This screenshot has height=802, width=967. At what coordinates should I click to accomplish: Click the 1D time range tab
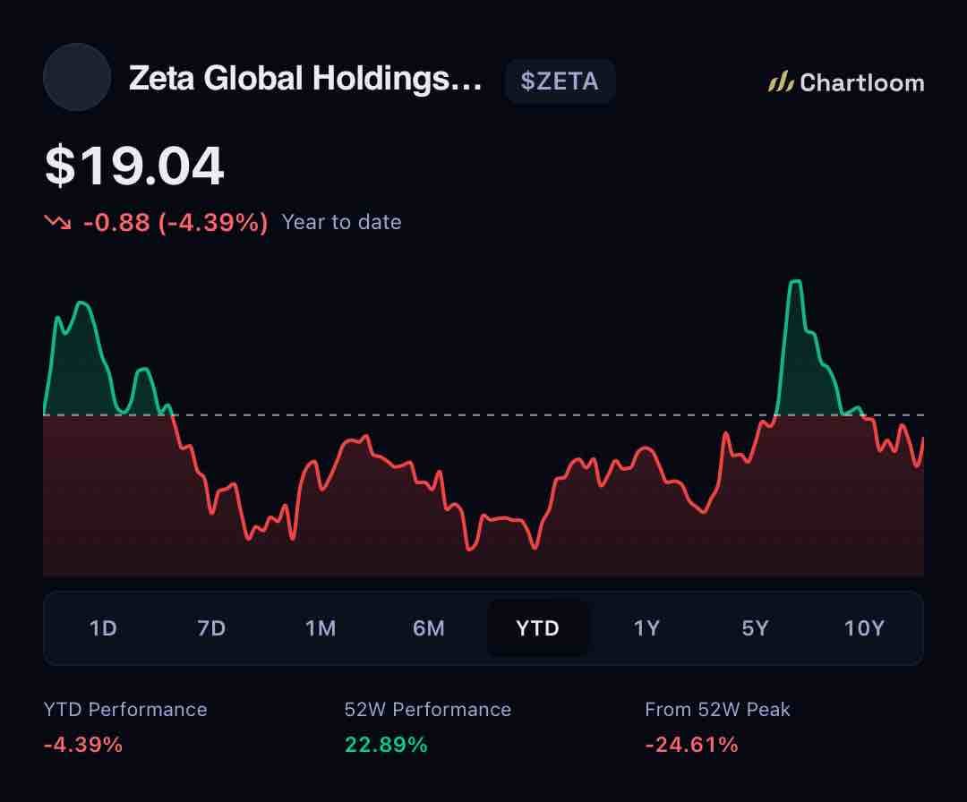coord(103,628)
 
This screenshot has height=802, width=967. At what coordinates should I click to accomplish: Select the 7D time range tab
coord(211,628)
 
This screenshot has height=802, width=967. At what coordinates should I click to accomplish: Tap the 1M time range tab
coord(320,628)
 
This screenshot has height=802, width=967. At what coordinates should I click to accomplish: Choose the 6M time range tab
coord(429,628)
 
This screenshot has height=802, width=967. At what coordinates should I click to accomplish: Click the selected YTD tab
coord(538,628)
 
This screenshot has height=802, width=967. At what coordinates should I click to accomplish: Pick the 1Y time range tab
coord(646,628)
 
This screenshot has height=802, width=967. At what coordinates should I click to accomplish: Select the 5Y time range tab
coord(755,628)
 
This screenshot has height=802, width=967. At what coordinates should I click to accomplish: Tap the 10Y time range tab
coord(864,628)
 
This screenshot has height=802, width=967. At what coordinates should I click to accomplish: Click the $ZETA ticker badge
coord(560,81)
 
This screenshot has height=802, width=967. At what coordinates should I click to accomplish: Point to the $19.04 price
coord(134,166)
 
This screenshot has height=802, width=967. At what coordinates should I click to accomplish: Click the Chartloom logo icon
coord(780,82)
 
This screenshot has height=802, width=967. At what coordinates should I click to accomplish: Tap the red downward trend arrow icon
coord(57,221)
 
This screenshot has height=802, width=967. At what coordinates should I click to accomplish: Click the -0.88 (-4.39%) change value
coord(175,222)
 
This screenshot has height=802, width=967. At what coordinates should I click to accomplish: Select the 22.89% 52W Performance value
coord(386,745)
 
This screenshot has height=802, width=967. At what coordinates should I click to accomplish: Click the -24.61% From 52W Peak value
coord(691,745)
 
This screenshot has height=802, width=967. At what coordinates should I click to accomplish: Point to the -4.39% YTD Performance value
coord(83,745)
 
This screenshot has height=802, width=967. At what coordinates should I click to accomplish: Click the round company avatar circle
coord(77,77)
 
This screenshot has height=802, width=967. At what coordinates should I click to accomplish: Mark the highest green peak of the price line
coord(796,281)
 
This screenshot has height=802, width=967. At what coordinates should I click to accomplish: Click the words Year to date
coord(342,222)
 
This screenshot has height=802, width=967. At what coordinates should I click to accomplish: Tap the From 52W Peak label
coord(717,710)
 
